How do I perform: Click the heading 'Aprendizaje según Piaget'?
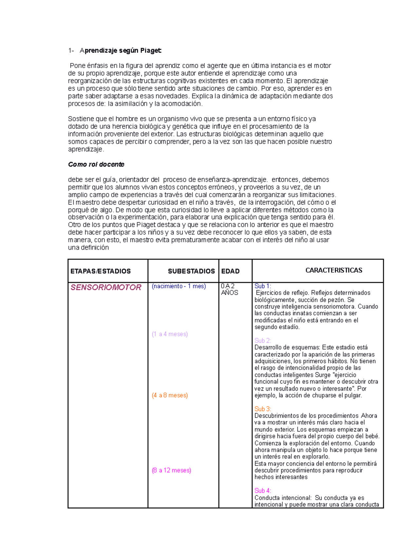tap(121, 51)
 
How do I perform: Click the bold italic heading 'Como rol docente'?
tap(96, 164)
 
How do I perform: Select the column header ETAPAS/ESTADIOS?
tap(101, 271)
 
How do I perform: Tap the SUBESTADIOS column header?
tap(191, 271)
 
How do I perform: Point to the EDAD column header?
tap(230, 271)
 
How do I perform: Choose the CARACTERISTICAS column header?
tap(333, 270)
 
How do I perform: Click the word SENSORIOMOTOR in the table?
tap(106, 288)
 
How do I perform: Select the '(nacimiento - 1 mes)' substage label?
tap(179, 286)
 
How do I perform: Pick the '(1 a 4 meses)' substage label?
tap(170, 334)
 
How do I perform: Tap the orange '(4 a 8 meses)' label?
tap(170, 395)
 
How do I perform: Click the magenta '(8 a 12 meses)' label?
tap(171, 470)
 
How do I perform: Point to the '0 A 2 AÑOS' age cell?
tap(229, 290)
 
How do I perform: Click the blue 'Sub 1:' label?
tap(263, 286)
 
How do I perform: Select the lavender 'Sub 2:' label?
tap(263, 341)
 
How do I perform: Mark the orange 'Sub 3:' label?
tap(263, 409)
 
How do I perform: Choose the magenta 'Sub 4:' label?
tap(263, 491)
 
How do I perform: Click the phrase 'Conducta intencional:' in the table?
tap(283, 498)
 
